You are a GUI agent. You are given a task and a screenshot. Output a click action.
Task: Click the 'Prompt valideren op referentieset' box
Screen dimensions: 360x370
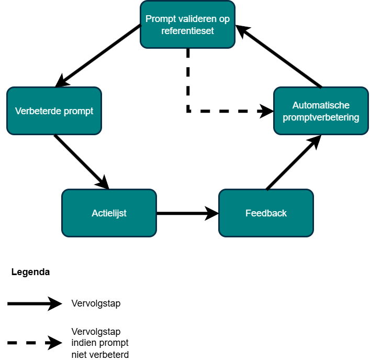187,25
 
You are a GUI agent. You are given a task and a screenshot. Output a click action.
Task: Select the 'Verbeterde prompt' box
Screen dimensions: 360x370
54,111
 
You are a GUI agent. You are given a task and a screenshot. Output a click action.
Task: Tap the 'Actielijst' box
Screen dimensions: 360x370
109,213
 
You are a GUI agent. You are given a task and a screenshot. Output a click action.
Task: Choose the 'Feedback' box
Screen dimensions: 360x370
266,213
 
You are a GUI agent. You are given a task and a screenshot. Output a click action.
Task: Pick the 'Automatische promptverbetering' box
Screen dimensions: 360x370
321,111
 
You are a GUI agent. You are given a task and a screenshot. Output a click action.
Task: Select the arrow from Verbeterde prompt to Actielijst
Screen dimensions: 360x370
81,162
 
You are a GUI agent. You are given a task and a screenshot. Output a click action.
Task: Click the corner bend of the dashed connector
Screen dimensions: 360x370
188,111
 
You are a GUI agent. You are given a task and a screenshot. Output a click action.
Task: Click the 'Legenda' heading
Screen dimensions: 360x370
30,272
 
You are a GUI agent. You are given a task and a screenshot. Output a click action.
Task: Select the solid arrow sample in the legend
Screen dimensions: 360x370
34,303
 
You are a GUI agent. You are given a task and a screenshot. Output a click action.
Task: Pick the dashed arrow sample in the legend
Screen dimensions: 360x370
34,343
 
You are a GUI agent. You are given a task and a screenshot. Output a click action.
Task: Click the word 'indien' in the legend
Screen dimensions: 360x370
82,343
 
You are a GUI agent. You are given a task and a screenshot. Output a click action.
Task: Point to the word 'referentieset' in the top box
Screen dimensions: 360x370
187,30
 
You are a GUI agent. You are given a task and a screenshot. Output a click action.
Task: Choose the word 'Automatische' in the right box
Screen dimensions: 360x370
321,105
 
